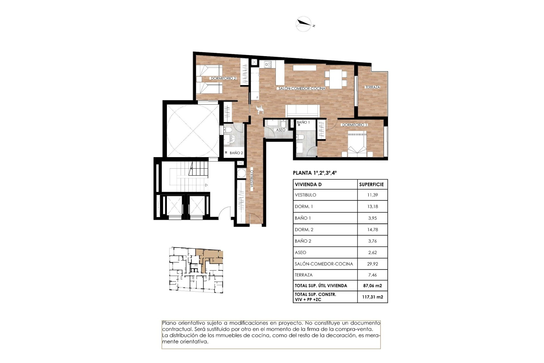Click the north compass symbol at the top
(x=304, y=24)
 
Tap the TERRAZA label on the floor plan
(x=372, y=87)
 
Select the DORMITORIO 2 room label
(x=223, y=78)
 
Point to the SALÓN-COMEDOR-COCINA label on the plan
(x=302, y=88)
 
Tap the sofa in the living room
(x=303, y=111)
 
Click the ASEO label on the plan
(x=280, y=130)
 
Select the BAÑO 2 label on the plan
(x=236, y=153)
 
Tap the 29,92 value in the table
(x=372, y=264)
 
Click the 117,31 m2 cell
(x=373, y=297)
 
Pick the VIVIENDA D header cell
(x=308, y=185)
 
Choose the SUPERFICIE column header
(x=371, y=185)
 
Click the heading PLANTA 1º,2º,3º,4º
(x=315, y=173)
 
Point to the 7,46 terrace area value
(x=372, y=275)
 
